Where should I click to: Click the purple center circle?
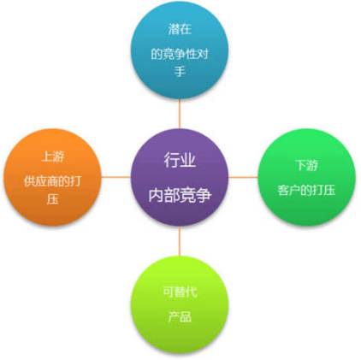point(180,177)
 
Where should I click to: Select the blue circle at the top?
point(180,50)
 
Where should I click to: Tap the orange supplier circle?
point(53,177)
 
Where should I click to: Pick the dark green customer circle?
point(307,177)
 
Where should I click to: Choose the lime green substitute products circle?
point(180,304)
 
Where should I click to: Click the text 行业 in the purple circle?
point(180,160)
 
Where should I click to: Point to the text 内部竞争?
point(180,195)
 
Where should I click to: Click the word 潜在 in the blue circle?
point(180,29)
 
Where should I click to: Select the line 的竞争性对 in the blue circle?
point(180,54)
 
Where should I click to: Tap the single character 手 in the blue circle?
point(180,71)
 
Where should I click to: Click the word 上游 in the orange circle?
point(53,156)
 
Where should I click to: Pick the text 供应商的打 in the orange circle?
point(53,181)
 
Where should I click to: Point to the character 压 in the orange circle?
point(53,198)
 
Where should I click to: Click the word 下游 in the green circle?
point(307,165)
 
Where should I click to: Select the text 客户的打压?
point(307,190)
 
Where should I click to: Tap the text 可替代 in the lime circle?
point(180,292)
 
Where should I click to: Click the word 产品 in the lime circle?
point(180,316)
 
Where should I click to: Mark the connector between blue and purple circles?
point(180,114)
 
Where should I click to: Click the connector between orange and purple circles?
point(116,177)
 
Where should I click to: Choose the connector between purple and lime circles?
point(180,241)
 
